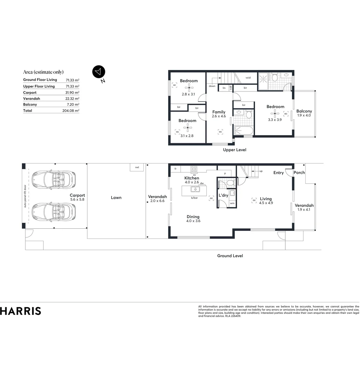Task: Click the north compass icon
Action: click(x=99, y=72)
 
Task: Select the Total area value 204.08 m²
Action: click(x=70, y=110)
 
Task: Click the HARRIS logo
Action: click(x=20, y=311)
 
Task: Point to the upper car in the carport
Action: click(x=54, y=179)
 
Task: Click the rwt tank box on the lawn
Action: click(x=137, y=167)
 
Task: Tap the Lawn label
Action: click(x=116, y=197)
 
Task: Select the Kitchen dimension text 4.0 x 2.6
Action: click(x=192, y=182)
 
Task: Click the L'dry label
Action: click(x=224, y=195)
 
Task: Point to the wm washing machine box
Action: click(x=232, y=203)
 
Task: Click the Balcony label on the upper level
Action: click(x=304, y=111)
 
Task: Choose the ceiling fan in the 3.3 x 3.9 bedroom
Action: click(x=275, y=113)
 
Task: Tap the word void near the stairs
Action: click(x=248, y=78)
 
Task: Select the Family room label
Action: click(x=218, y=112)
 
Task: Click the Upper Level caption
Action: click(x=235, y=150)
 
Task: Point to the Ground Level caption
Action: click(x=230, y=256)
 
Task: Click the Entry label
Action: click(x=278, y=173)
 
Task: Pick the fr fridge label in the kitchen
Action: click(x=175, y=169)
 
